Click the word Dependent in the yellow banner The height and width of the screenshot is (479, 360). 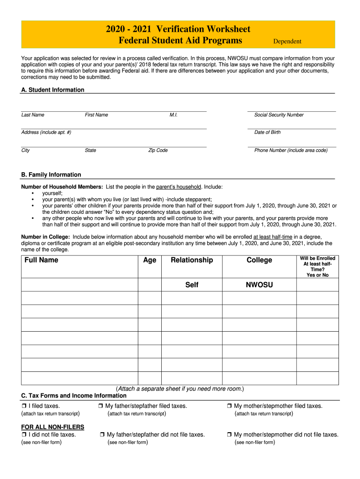click(x=287, y=41)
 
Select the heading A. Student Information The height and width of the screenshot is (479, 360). click(x=53, y=90)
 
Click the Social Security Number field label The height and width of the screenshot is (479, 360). click(x=279, y=115)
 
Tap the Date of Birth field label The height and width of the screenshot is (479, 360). click(x=267, y=132)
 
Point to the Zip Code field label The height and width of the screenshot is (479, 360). click(x=158, y=151)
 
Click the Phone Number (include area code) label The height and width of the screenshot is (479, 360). click(x=291, y=151)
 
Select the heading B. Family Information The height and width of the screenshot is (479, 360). click(x=51, y=174)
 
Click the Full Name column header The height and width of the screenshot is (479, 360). click(x=41, y=260)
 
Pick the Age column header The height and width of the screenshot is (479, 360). click(x=150, y=260)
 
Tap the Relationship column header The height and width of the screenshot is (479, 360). click(x=192, y=260)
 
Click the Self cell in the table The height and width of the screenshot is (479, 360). click(x=192, y=285)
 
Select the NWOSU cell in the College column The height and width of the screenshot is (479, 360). click(x=259, y=285)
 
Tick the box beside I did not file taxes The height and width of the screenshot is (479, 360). click(x=24, y=435)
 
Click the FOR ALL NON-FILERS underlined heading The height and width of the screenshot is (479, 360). click(x=53, y=427)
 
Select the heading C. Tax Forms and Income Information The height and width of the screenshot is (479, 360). click(x=74, y=396)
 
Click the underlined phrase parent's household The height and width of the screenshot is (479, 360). click(x=178, y=187)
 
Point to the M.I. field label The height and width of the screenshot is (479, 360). click(x=173, y=115)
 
